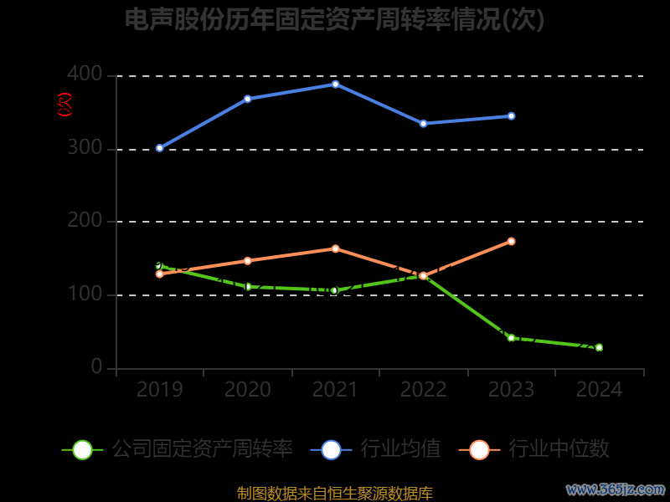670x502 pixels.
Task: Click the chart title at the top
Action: pyautogui.click(x=335, y=19)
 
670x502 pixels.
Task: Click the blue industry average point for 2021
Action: pyautogui.click(x=335, y=84)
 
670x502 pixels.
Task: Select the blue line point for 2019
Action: pyautogui.click(x=159, y=148)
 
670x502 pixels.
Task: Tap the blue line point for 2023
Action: pyautogui.click(x=511, y=116)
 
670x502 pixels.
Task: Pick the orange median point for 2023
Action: pyautogui.click(x=511, y=241)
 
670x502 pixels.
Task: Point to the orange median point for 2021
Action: pyautogui.click(x=335, y=248)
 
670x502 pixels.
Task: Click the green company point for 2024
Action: pyautogui.click(x=599, y=347)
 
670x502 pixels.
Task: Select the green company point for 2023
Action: pyautogui.click(x=511, y=338)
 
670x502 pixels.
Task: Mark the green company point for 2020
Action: pyautogui.click(x=247, y=287)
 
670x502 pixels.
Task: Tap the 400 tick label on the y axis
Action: pyautogui.click(x=85, y=75)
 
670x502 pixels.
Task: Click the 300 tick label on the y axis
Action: pyautogui.click(x=85, y=148)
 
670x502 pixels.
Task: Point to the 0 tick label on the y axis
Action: pyautogui.click(x=96, y=366)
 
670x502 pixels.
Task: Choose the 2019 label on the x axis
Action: pyautogui.click(x=159, y=389)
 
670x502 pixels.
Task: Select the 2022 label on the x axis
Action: pyautogui.click(x=423, y=389)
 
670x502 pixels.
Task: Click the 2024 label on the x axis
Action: pyautogui.click(x=599, y=389)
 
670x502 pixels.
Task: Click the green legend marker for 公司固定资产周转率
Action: pyautogui.click(x=82, y=449)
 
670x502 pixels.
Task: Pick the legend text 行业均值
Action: pyautogui.click(x=400, y=449)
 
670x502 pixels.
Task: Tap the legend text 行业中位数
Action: pyautogui.click(x=559, y=449)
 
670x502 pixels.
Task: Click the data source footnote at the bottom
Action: pyautogui.click(x=335, y=493)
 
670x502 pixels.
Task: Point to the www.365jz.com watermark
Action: pyautogui.click(x=616, y=489)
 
